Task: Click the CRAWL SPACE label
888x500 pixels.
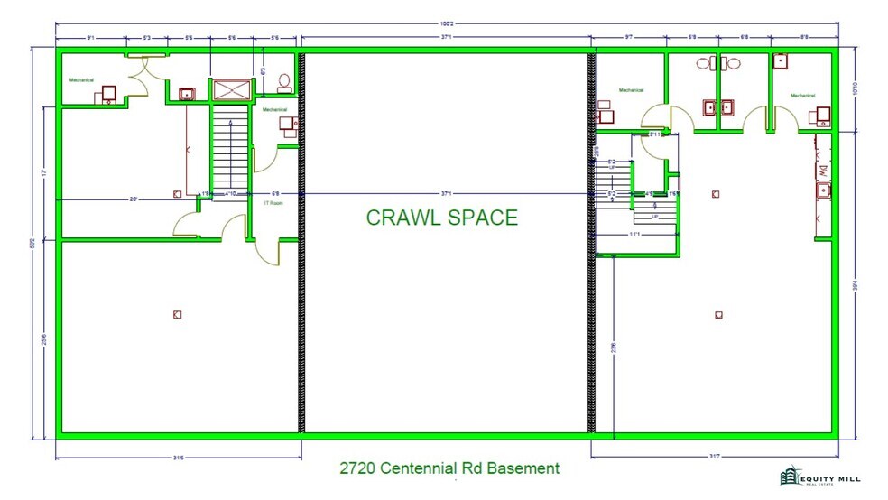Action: coord(441,218)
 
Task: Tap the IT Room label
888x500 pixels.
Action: coord(273,203)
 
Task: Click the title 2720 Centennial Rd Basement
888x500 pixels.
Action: coord(449,468)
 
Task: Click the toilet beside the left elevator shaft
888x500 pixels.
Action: coord(284,83)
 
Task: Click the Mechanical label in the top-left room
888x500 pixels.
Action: coord(82,80)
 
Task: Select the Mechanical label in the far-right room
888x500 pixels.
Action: coord(802,96)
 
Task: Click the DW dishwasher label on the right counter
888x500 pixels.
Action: coord(822,169)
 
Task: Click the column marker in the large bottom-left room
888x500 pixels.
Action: coord(177,314)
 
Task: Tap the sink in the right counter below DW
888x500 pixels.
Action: coord(823,190)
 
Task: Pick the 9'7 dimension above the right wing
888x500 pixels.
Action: coord(628,37)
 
